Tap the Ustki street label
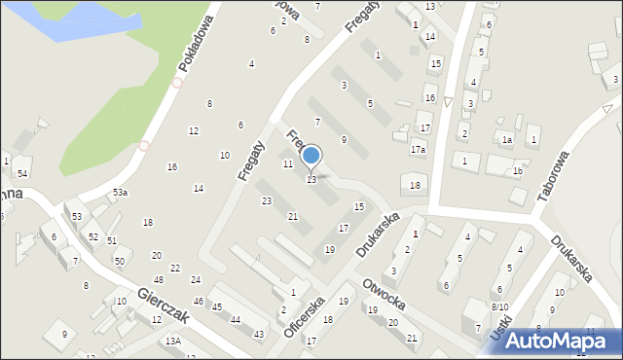[x=499, y=331]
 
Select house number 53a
[x=120, y=194]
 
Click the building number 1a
[x=506, y=140]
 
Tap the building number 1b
[x=518, y=171]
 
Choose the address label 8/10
[x=499, y=306]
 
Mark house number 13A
[x=173, y=341]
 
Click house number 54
[x=22, y=173]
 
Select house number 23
[x=267, y=200]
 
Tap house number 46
[x=199, y=303]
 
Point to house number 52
[x=93, y=236]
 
